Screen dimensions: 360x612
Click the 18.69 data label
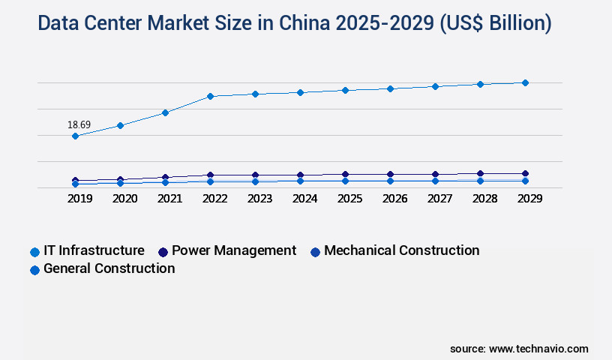[79, 124]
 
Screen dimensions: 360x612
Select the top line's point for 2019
[75, 136]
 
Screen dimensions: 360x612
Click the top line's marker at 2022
[210, 96]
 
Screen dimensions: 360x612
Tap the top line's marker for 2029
[525, 82]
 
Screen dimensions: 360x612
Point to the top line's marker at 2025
[345, 90]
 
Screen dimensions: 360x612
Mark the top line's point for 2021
[165, 112]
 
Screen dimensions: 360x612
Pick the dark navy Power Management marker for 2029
[525, 173]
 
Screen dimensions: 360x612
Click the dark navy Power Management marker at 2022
[210, 175]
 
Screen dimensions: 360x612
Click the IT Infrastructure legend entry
[87, 250]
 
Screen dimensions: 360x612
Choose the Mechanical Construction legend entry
[394, 250]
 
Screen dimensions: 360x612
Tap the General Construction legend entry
[102, 268]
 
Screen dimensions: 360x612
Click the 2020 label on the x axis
[124, 199]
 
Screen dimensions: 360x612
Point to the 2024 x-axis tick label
[304, 199]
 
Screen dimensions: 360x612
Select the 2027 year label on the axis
[439, 199]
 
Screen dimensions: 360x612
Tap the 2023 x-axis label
[259, 199]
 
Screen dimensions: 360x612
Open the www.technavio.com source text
[538, 349]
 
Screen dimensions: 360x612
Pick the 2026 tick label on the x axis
[394, 199]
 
